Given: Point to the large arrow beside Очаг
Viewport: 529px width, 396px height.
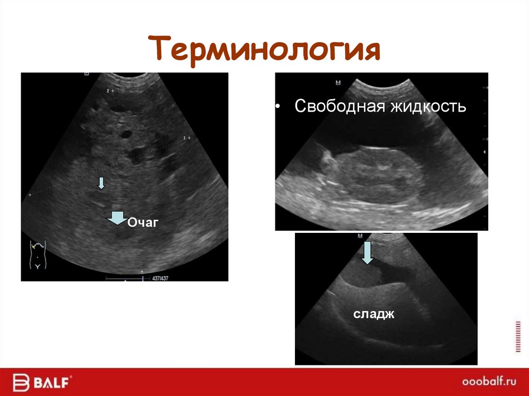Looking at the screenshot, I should click(x=118, y=218).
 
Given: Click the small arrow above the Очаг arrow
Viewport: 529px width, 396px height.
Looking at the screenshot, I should click(x=101, y=182).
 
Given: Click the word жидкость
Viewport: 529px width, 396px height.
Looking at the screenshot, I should click(x=428, y=107).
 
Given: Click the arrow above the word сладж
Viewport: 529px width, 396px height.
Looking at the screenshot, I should click(x=367, y=252).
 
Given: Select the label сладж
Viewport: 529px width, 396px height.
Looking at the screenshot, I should click(x=374, y=313).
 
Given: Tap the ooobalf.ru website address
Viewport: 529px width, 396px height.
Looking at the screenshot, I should click(x=488, y=383).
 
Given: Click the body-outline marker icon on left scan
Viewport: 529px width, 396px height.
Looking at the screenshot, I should click(x=38, y=254).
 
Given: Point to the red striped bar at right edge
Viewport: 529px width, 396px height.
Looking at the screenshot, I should click(x=518, y=336).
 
